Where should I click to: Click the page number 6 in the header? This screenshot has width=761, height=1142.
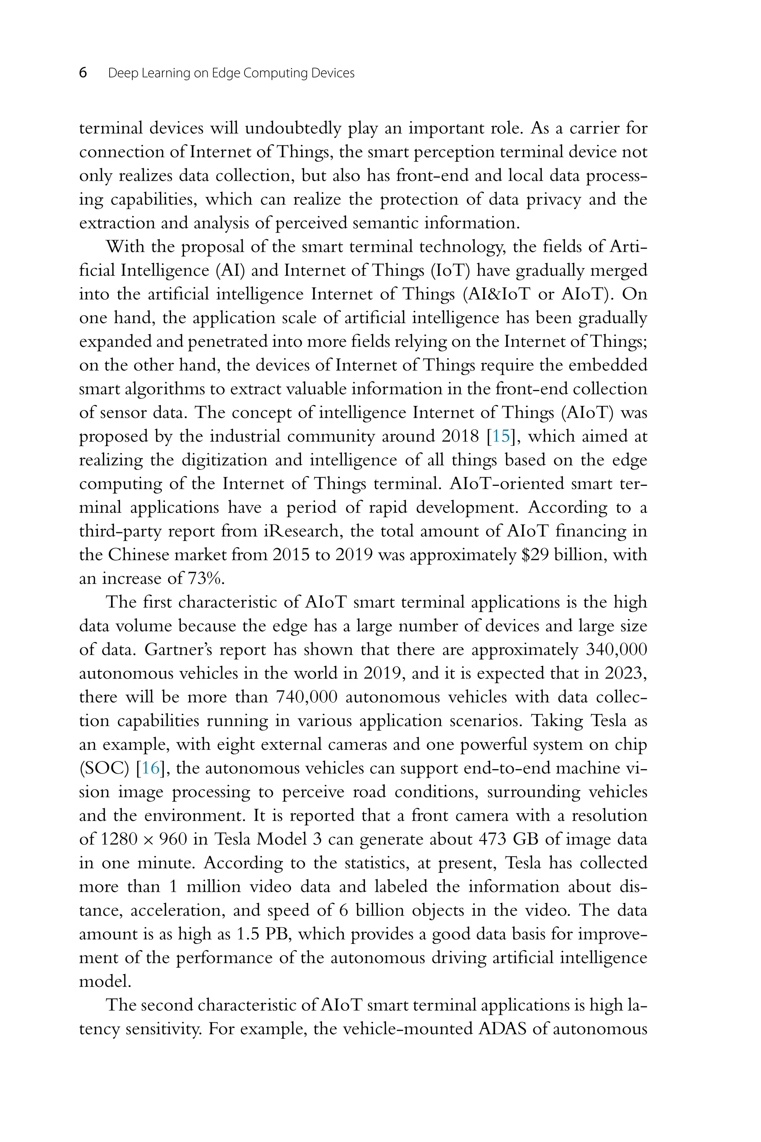(83, 73)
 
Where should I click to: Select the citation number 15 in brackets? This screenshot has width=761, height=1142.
(501, 436)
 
